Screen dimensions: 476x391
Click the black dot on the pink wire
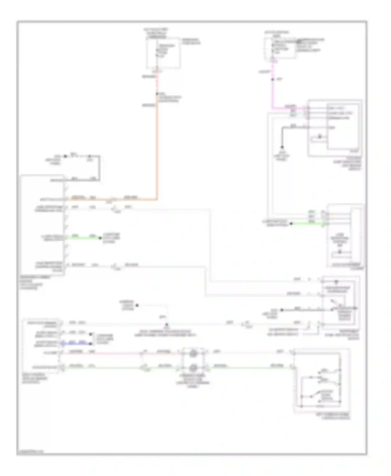[273, 79]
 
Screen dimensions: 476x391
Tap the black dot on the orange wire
[157, 94]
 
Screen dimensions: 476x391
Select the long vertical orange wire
[157, 146]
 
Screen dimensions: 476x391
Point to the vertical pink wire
[273, 91]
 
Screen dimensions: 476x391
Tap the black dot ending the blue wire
[91, 344]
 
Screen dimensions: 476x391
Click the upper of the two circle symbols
[193, 353]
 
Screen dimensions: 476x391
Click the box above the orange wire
[163, 53]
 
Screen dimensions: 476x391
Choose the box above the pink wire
[280, 48]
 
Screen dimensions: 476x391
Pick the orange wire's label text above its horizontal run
[78, 197]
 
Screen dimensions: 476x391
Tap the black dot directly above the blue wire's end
[91, 334]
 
